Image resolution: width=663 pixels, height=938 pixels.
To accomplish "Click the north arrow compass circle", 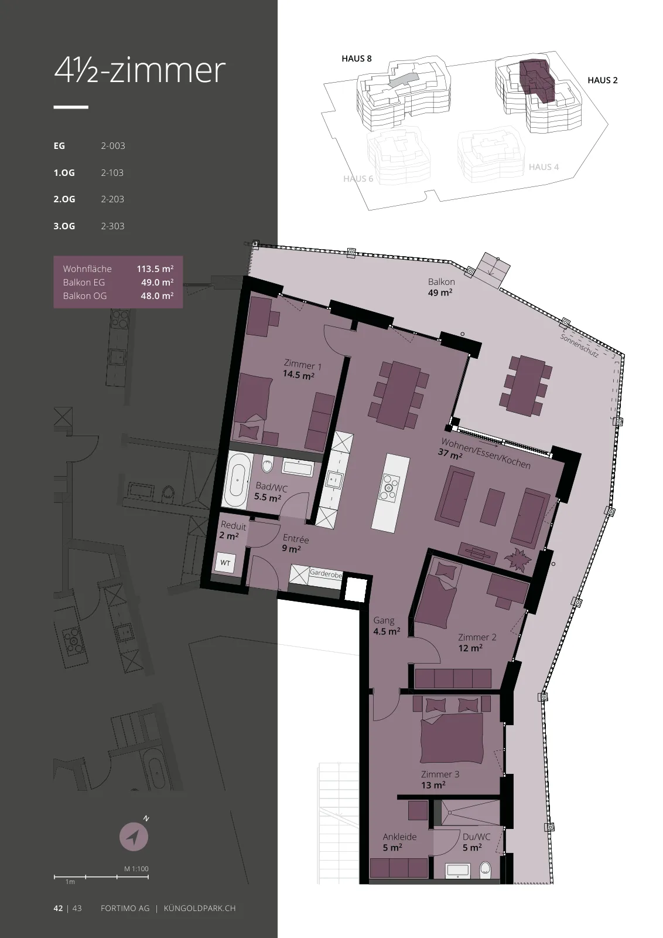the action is pyautogui.click(x=134, y=837).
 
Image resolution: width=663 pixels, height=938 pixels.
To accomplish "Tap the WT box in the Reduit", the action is pyautogui.click(x=225, y=563).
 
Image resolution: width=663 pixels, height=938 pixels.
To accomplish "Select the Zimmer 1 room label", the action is pyautogui.click(x=302, y=365).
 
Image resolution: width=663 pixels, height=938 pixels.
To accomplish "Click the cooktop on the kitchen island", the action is pyautogui.click(x=389, y=487).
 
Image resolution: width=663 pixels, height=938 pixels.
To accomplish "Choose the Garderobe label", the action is pyautogui.click(x=326, y=573).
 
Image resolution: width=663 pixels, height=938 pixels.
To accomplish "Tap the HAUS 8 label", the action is pyautogui.click(x=356, y=59).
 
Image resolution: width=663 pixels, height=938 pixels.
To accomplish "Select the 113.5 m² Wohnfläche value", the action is pyautogui.click(x=155, y=269).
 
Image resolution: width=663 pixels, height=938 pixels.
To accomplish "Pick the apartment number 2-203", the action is pyautogui.click(x=112, y=199).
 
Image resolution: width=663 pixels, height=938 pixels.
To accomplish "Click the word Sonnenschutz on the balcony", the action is pyautogui.click(x=579, y=345).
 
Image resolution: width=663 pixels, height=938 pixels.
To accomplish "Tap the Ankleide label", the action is pyautogui.click(x=399, y=837).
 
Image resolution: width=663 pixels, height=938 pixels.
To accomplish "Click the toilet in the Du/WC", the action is pyautogui.click(x=485, y=871).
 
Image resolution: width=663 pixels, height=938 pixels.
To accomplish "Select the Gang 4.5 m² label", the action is pyautogui.click(x=387, y=626).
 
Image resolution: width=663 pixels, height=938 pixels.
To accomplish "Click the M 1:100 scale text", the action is pyautogui.click(x=136, y=869).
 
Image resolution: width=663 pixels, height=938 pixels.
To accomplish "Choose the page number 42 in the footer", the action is pyautogui.click(x=58, y=908).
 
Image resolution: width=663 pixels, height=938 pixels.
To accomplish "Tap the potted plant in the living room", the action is pyautogui.click(x=517, y=559).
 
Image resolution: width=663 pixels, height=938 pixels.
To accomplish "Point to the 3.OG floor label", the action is pyautogui.click(x=64, y=226).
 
